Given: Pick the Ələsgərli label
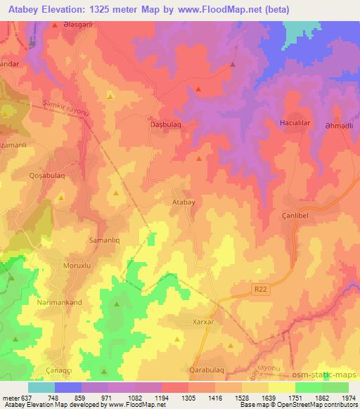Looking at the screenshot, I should coord(80,25).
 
